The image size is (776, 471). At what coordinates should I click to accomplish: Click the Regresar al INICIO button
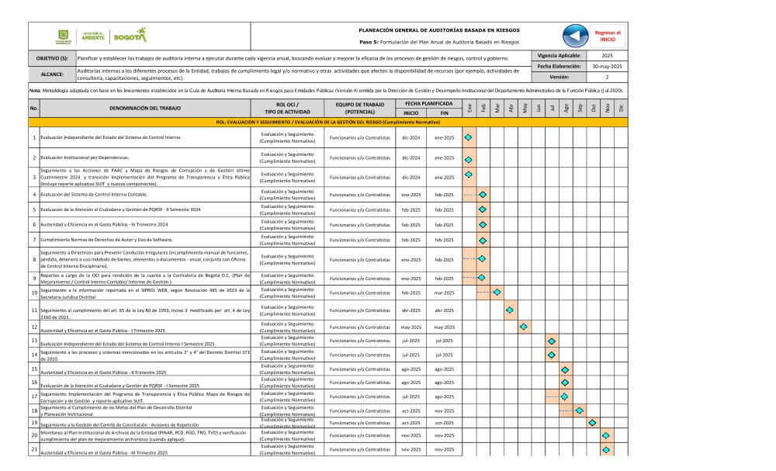click(x=607, y=36)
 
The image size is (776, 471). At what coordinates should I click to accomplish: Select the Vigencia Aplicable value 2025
click(x=607, y=57)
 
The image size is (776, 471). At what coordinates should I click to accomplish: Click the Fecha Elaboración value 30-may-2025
click(x=607, y=67)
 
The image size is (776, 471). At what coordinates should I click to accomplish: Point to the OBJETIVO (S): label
click(x=52, y=58)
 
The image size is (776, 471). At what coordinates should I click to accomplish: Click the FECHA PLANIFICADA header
click(x=429, y=103)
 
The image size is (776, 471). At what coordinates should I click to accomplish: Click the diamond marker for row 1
click(x=468, y=137)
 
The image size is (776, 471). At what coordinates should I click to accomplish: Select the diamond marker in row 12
click(x=523, y=327)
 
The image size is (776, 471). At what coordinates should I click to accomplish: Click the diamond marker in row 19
click(x=592, y=423)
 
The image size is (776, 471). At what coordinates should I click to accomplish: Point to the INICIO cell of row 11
click(x=411, y=310)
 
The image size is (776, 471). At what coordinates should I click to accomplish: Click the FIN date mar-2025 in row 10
click(x=444, y=293)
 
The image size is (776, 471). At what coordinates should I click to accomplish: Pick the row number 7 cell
click(x=34, y=241)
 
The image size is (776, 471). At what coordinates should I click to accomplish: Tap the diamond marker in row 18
click(x=579, y=410)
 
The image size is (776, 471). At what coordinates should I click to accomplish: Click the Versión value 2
click(x=607, y=78)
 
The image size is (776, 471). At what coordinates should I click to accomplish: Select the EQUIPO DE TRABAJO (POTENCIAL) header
click(x=355, y=108)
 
